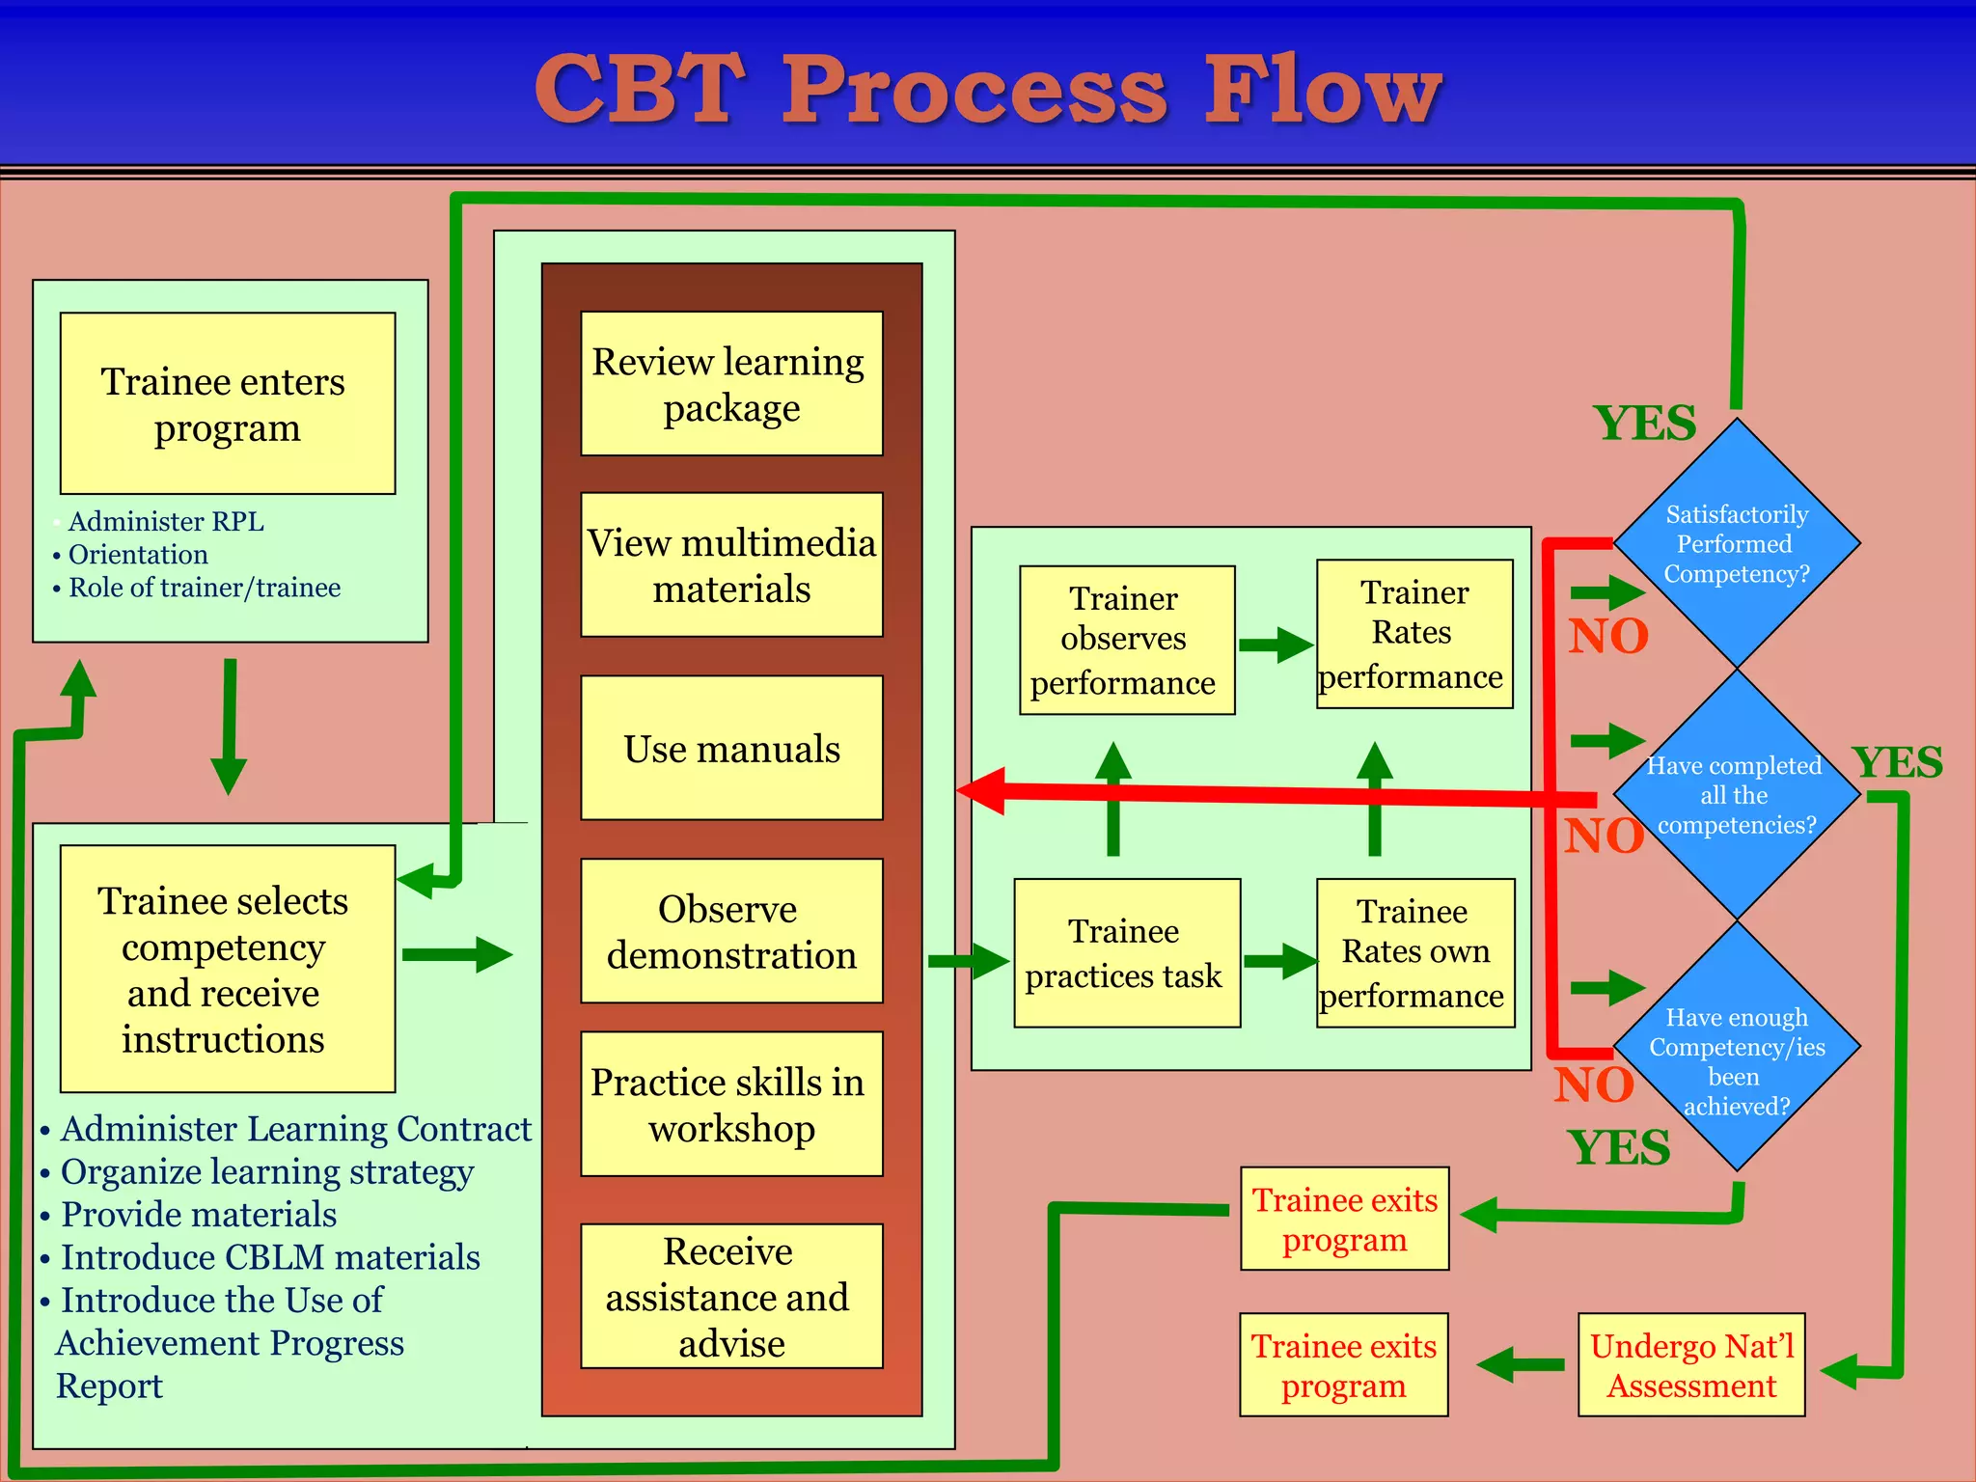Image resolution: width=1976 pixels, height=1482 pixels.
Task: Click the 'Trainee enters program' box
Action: coord(227,403)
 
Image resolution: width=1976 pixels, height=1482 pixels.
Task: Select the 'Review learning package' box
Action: coord(731,383)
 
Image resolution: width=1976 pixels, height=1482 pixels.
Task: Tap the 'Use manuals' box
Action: coord(731,748)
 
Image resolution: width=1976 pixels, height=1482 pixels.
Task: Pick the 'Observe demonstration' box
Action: coord(731,931)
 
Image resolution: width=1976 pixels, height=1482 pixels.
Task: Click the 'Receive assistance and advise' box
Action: coord(731,1296)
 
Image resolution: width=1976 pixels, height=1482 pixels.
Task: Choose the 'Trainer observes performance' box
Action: coord(1126,640)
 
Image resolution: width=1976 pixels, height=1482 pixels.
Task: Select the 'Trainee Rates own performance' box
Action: coord(1414,952)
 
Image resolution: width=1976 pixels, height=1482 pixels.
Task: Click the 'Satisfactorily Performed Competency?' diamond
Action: coord(1736,543)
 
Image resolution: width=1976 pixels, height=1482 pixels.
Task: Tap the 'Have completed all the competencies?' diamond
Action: coord(1736,795)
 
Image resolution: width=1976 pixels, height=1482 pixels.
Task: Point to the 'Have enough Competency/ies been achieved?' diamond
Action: coord(1736,1047)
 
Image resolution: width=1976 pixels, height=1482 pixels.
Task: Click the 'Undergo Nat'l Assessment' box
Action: coord(1690,1364)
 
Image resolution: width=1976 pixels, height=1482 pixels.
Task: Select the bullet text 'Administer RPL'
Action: coord(166,521)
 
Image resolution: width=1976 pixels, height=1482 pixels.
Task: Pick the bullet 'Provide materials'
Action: coord(199,1214)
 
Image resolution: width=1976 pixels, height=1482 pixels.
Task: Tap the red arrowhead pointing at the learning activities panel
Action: coord(984,790)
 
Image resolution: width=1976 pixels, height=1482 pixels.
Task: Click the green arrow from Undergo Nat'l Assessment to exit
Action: coord(1519,1364)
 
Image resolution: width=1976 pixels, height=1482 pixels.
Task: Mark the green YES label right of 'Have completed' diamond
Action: coord(1897,762)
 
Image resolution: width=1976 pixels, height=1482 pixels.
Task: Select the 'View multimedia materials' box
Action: coord(731,564)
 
